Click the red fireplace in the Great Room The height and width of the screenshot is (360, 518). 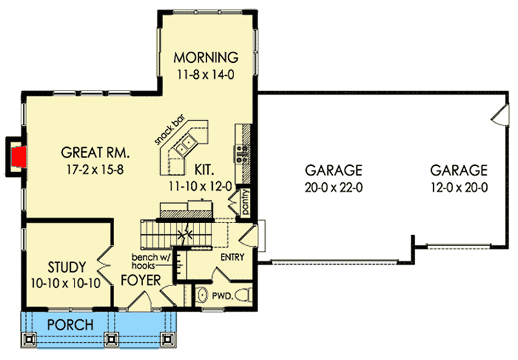tap(20, 155)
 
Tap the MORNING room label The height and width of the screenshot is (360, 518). tap(205, 57)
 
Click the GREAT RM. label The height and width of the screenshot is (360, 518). tap(95, 152)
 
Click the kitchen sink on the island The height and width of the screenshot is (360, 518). tap(185, 146)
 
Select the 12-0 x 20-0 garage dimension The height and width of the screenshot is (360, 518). tap(459, 187)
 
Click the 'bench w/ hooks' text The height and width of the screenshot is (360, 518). tap(151, 262)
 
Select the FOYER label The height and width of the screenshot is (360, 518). tap(140, 281)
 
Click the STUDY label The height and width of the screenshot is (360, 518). tap(67, 267)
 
